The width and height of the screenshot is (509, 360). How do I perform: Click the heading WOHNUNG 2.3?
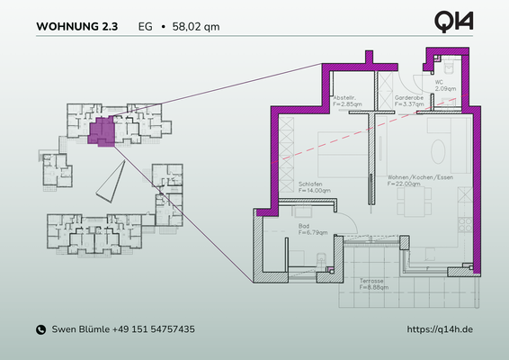[x=76, y=27]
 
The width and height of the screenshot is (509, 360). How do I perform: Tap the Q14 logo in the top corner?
[x=454, y=21]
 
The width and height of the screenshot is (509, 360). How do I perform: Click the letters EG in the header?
[x=145, y=27]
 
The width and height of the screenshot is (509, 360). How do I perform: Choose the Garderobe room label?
[x=408, y=97]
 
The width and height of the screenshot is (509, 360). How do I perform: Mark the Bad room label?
[x=305, y=227]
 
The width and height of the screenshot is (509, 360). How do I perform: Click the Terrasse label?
[x=372, y=282]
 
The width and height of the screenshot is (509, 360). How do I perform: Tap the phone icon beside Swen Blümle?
[x=40, y=330]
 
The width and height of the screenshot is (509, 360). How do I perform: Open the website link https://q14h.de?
[x=440, y=330]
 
